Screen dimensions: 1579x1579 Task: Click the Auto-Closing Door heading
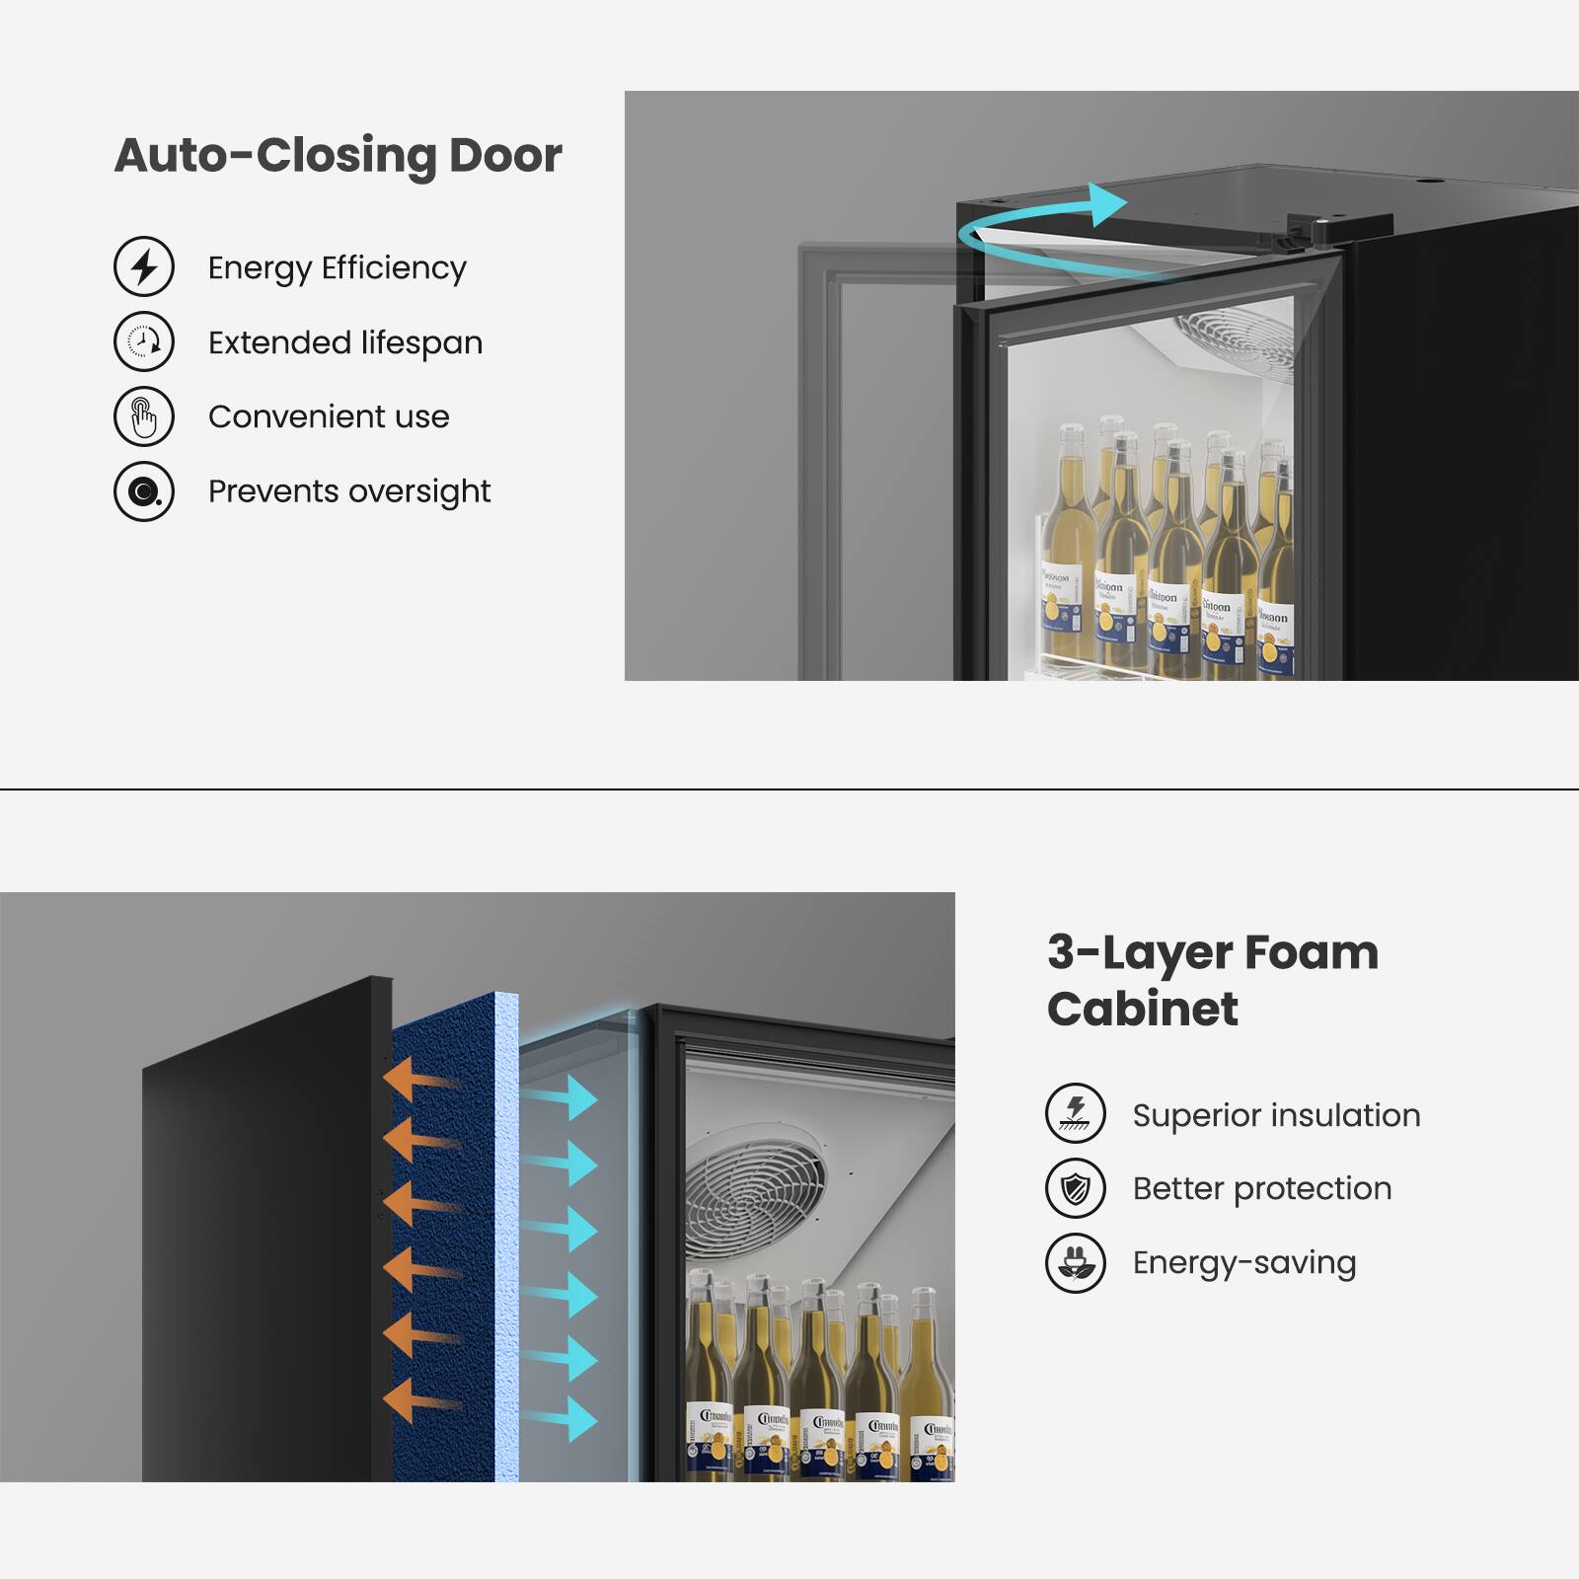(x=338, y=156)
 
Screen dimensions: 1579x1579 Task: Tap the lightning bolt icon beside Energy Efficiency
(x=144, y=266)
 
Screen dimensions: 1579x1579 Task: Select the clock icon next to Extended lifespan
(x=144, y=341)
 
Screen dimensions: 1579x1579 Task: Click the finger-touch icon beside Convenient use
(x=144, y=416)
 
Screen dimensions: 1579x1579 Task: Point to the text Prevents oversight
(x=348, y=490)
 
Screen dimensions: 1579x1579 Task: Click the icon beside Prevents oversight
(x=144, y=491)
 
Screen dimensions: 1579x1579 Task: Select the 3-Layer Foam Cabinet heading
(x=1212, y=980)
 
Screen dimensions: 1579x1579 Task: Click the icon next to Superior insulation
(x=1076, y=1112)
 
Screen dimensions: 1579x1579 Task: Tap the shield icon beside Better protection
(x=1076, y=1188)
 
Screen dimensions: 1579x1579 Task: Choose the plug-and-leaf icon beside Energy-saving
(x=1076, y=1263)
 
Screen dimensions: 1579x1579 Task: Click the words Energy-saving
(x=1243, y=1262)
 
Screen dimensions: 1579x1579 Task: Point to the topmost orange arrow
(x=419, y=1078)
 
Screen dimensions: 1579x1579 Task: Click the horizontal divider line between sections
(x=789, y=789)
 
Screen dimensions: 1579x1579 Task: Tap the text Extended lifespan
(x=344, y=342)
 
